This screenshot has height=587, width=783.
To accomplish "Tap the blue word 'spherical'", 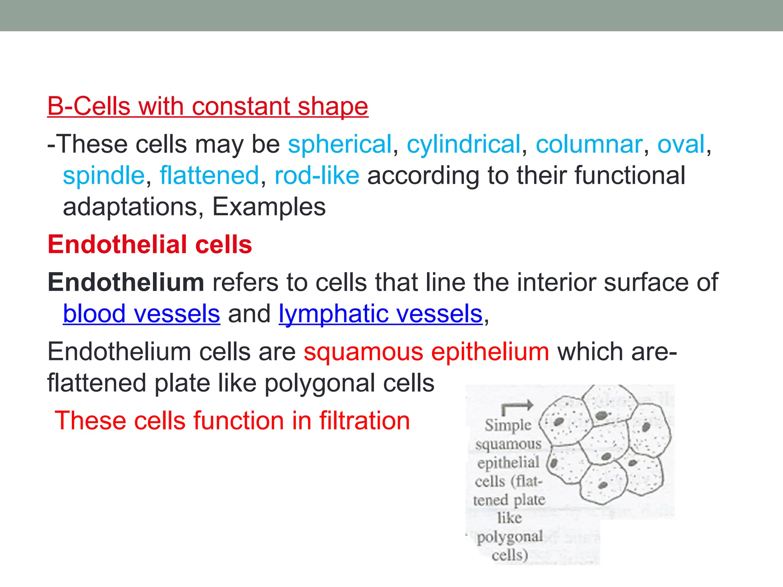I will pos(340,144).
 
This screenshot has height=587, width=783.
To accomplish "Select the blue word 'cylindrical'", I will pos(463,144).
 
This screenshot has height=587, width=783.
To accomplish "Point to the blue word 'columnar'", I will pos(588,144).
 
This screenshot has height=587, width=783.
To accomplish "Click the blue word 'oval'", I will pos(681,144).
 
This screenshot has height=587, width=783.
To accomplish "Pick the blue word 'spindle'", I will pos(104,176).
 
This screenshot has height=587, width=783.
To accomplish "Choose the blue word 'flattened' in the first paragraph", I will pos(210,176).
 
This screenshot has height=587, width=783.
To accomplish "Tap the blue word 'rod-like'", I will pos(317,176).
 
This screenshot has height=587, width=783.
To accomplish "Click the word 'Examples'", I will pos(269,207).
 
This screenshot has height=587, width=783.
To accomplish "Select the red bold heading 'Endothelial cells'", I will pos(150,245).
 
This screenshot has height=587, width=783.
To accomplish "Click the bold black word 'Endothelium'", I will pos(126,282).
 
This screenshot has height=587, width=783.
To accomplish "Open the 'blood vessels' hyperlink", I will pos(141,314).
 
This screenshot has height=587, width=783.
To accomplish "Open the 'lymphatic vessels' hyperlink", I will pos(380,314).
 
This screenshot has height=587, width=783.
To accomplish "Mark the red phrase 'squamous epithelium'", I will pos(426,352).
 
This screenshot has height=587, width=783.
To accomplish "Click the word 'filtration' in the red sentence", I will pos(364,421).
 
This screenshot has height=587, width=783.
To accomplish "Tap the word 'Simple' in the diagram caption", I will pos(508,425).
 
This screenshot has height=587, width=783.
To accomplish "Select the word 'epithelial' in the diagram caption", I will pos(508,463).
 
